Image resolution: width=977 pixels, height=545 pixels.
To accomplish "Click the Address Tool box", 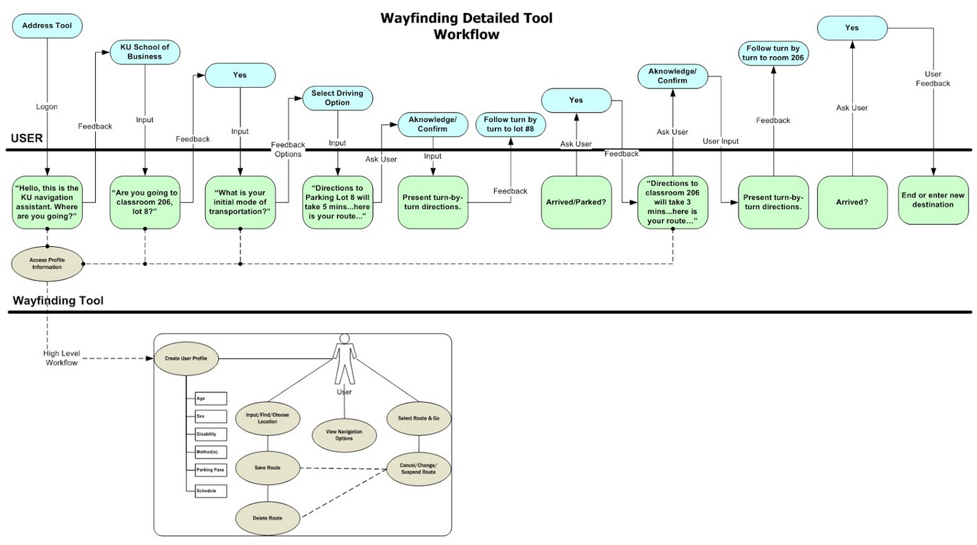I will click(47, 26).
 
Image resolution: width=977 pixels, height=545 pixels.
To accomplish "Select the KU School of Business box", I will click(145, 51).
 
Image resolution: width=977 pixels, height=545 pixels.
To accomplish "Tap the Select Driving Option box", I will click(337, 97).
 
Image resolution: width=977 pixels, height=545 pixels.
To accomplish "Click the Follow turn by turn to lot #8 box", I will click(510, 124).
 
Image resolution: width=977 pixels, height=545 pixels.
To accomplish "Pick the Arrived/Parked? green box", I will click(576, 202).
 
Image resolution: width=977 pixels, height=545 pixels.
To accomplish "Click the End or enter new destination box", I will click(932, 199).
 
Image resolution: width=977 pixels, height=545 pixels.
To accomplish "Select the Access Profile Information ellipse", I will click(47, 263).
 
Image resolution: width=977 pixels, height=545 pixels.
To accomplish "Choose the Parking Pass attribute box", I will click(210, 470).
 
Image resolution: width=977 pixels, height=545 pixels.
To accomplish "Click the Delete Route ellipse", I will click(268, 518).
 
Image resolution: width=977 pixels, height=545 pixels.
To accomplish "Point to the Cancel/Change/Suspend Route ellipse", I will click(418, 469).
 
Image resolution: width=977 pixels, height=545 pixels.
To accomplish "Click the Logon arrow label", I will click(47, 107).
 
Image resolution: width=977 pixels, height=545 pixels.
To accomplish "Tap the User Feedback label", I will click(937, 79).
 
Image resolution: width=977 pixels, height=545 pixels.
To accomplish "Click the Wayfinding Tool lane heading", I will click(58, 301).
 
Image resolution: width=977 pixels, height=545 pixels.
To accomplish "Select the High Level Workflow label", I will click(63, 358).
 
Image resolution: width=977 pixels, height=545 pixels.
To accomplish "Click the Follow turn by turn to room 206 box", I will click(774, 53).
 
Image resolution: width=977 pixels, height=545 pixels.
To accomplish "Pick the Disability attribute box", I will click(206, 434).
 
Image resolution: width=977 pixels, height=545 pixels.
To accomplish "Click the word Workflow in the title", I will click(466, 34).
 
